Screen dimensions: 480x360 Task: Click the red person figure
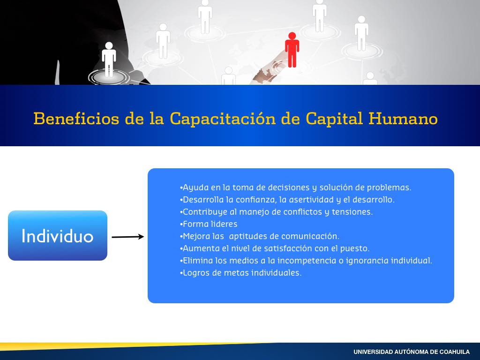click(x=292, y=50)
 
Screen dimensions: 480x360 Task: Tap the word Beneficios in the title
click(x=76, y=119)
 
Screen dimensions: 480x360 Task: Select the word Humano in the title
click(x=403, y=119)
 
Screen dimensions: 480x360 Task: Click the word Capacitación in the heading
click(x=223, y=119)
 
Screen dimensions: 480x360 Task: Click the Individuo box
click(x=58, y=235)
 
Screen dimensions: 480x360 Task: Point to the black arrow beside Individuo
click(x=127, y=237)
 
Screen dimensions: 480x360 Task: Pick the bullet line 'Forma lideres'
click(x=209, y=224)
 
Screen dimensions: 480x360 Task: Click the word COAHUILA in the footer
click(x=455, y=352)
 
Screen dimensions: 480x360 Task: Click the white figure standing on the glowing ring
click(x=109, y=60)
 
